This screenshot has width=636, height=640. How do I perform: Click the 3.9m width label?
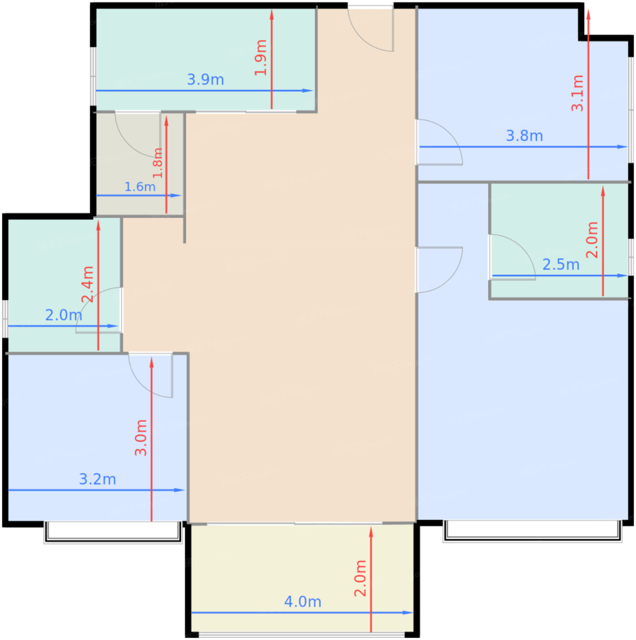[205, 80]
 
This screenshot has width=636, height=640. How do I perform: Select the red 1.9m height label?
[261, 58]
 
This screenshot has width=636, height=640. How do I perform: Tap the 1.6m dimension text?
[140, 187]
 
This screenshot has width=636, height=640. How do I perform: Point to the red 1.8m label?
[157, 163]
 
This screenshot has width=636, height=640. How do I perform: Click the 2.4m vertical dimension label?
[88, 284]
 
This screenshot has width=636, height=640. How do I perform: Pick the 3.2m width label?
[97, 479]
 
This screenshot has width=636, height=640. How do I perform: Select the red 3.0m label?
[141, 437]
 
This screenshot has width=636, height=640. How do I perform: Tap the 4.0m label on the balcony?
[302, 602]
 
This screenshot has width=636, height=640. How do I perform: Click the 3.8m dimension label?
[524, 136]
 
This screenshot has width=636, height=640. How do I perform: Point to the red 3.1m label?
[577, 93]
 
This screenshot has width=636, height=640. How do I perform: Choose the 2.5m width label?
[561, 265]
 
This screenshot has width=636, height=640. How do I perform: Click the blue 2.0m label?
[64, 315]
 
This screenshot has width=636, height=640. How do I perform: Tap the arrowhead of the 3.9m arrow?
[307, 91]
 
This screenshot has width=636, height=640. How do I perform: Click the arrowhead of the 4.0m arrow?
[408, 613]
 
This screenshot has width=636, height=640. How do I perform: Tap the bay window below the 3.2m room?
[113, 532]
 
